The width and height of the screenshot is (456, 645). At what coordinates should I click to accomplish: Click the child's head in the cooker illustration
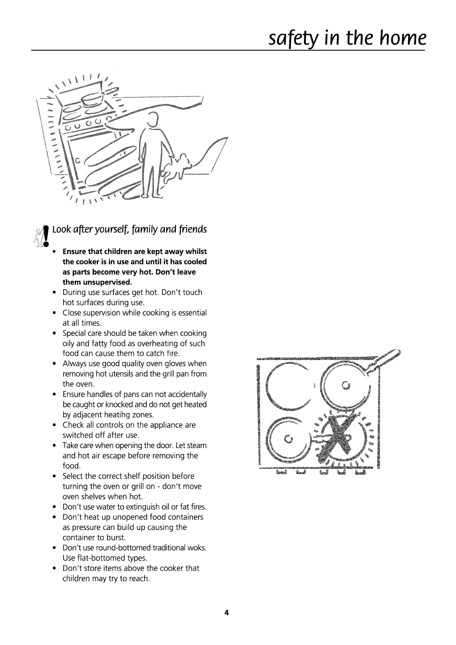point(153,119)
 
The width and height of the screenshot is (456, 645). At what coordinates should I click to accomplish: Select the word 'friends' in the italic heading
point(192,229)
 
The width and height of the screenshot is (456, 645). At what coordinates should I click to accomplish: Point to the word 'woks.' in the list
point(197,548)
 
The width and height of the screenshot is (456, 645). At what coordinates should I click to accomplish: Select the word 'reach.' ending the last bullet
point(139,578)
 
